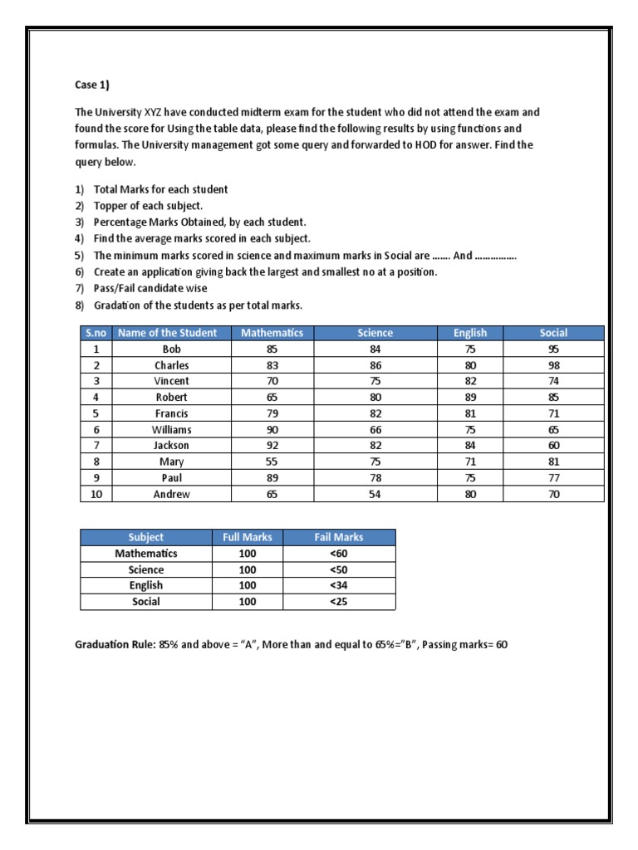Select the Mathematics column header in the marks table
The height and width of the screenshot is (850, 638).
pyautogui.click(x=272, y=333)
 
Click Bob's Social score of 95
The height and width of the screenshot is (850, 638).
pyautogui.click(x=554, y=349)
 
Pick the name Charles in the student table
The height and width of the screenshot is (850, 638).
pyautogui.click(x=171, y=365)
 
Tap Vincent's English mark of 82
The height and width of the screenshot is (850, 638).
pyautogui.click(x=470, y=381)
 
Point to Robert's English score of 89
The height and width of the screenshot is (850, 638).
pyautogui.click(x=470, y=398)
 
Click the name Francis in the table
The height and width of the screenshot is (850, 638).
pyautogui.click(x=171, y=413)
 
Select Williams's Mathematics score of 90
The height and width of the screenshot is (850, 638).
pyautogui.click(x=272, y=430)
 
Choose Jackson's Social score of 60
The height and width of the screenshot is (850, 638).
pyautogui.click(x=554, y=446)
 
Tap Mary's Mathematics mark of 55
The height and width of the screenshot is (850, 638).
pyautogui.click(x=272, y=462)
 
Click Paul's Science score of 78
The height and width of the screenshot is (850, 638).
pyautogui.click(x=375, y=478)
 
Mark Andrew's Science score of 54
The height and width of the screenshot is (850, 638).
pyautogui.click(x=375, y=495)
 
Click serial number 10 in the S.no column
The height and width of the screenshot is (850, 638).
pyautogui.click(x=96, y=495)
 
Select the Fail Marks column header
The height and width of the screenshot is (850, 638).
pyautogui.click(x=339, y=537)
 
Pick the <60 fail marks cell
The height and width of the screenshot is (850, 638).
pyautogui.click(x=339, y=554)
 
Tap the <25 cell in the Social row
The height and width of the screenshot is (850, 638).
pyautogui.click(x=339, y=602)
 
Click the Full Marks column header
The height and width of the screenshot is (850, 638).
pyautogui.click(x=248, y=537)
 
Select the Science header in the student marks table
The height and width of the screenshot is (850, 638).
pyautogui.click(x=375, y=333)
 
